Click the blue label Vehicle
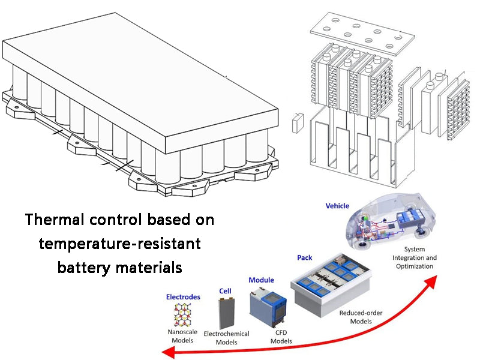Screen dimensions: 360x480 (x=337, y=206)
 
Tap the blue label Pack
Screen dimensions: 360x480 (x=305, y=257)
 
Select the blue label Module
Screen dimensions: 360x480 (x=261, y=280)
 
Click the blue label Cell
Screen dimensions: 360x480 (x=225, y=290)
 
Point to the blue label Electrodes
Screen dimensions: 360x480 (x=183, y=296)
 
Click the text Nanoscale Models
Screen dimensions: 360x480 (x=183, y=335)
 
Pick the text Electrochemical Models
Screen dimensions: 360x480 (x=226, y=338)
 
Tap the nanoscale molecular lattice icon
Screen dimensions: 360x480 (x=183, y=314)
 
